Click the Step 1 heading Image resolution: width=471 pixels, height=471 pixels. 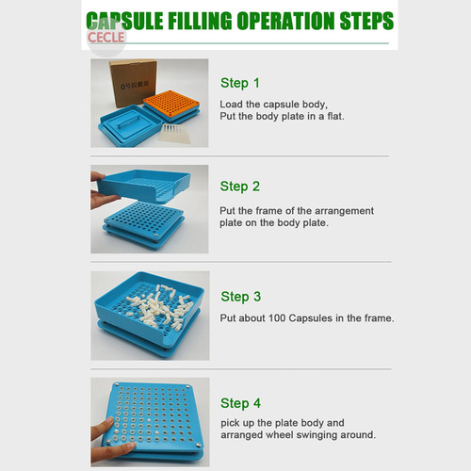pos(240,83)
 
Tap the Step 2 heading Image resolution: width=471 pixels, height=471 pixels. pos(240,187)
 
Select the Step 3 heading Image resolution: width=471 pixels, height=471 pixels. pos(241,297)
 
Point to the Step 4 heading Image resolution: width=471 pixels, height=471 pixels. pos(240,403)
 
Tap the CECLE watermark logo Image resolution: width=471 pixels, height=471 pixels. pos(106,38)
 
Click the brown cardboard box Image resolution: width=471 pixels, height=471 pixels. pos(133,83)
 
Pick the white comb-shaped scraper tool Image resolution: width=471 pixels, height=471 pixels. pos(174,134)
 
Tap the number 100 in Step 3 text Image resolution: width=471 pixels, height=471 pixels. pos(277,318)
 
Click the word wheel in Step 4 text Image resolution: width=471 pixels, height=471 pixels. pos(280,435)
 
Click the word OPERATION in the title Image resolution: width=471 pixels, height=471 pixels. pos(285,21)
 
